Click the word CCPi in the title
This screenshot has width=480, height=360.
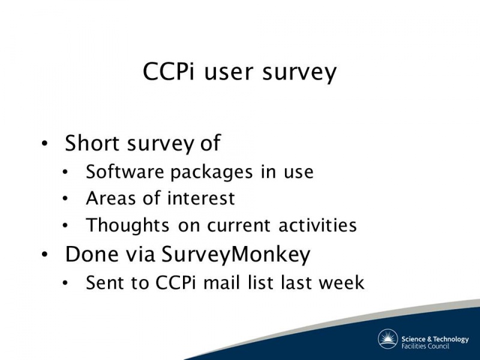[x=169, y=71]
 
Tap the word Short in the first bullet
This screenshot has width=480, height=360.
[x=92, y=143]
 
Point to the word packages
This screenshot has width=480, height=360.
[x=212, y=173]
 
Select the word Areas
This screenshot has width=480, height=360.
[x=111, y=198]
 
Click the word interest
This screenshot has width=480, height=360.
[x=201, y=198]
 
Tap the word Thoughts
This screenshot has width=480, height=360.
[x=127, y=226]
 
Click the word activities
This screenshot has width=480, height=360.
[x=318, y=225]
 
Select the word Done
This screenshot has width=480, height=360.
[x=92, y=254]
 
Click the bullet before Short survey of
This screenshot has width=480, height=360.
[x=44, y=143]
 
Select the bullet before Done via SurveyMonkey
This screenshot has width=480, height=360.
[x=44, y=254]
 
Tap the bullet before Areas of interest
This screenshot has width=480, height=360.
[x=65, y=199]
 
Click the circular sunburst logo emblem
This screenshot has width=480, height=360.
[x=388, y=339]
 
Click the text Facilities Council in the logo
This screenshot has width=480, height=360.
[x=425, y=346]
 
